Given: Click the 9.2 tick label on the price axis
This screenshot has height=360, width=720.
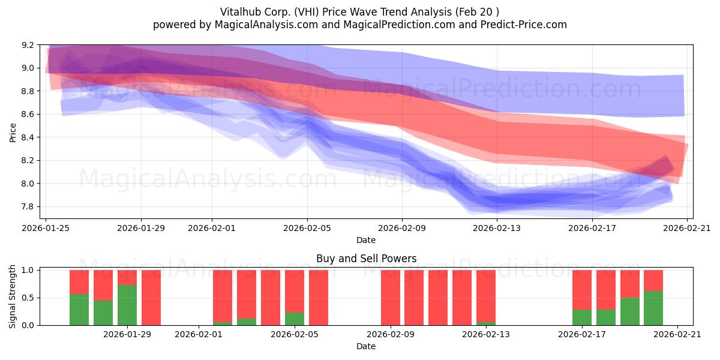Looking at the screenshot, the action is coord(28,45).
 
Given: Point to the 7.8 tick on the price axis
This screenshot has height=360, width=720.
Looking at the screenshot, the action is coord(28,206).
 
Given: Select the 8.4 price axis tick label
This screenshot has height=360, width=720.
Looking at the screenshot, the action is coord(28,137).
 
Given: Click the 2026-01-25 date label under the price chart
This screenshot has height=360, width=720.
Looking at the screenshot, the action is coord(46,228).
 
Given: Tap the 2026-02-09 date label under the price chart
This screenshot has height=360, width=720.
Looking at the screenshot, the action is coord(402,228).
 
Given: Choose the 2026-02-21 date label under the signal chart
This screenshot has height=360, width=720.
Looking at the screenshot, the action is coord(677,334).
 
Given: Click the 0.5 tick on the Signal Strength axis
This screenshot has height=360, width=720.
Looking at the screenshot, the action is coord(28,298).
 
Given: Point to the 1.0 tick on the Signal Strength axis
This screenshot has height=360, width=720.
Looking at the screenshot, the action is coord(28,270).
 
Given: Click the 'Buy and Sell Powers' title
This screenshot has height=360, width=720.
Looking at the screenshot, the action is coord(366,259).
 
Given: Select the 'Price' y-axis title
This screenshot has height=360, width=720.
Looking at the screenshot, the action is coord(13,133).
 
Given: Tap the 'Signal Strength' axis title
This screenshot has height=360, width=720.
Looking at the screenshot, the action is coord(12,296).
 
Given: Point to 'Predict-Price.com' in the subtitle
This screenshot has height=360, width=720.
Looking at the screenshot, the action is coord(524,25).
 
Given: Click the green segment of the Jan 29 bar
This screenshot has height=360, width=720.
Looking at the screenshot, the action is coord(127,305).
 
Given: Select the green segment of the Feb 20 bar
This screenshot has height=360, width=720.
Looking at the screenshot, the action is coord(653,308).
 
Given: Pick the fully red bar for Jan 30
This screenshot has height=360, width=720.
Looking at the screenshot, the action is coord(151,298).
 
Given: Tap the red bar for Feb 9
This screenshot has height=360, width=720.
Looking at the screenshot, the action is coord(391,298).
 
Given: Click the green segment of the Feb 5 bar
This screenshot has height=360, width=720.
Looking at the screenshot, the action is coord(295,319).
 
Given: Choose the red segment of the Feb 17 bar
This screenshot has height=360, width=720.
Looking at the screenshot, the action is coord(582,290).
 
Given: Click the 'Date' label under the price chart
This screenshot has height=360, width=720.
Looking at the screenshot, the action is coord(366,240).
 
